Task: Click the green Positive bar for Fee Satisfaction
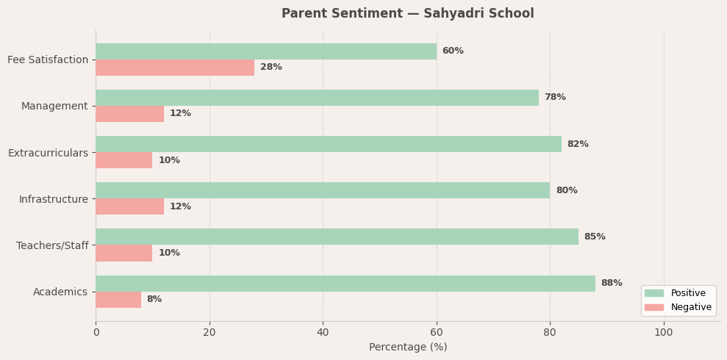click(266, 51)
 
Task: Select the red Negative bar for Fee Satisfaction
click(175, 68)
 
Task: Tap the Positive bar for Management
click(317, 98)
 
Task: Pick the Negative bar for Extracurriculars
click(124, 160)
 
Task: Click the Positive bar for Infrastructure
click(323, 190)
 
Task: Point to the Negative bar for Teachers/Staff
click(124, 253)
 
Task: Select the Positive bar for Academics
click(345, 284)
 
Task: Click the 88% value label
click(612, 284)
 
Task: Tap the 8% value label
click(154, 300)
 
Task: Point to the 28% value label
click(271, 68)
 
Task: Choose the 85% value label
click(595, 237)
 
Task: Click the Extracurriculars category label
click(48, 153)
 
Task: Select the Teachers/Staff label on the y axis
click(52, 245)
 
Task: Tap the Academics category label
click(60, 292)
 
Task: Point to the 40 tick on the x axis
click(323, 333)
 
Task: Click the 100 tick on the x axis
click(664, 333)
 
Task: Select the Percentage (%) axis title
click(408, 348)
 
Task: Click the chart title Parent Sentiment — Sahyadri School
click(408, 14)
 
